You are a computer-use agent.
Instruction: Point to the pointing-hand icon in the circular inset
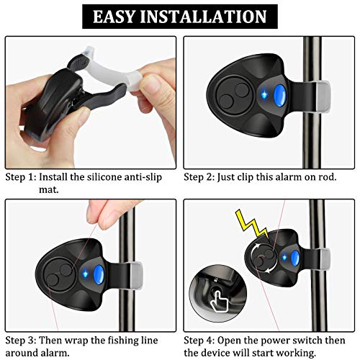click(219, 295)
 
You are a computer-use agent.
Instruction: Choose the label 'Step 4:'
click(199, 340)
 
